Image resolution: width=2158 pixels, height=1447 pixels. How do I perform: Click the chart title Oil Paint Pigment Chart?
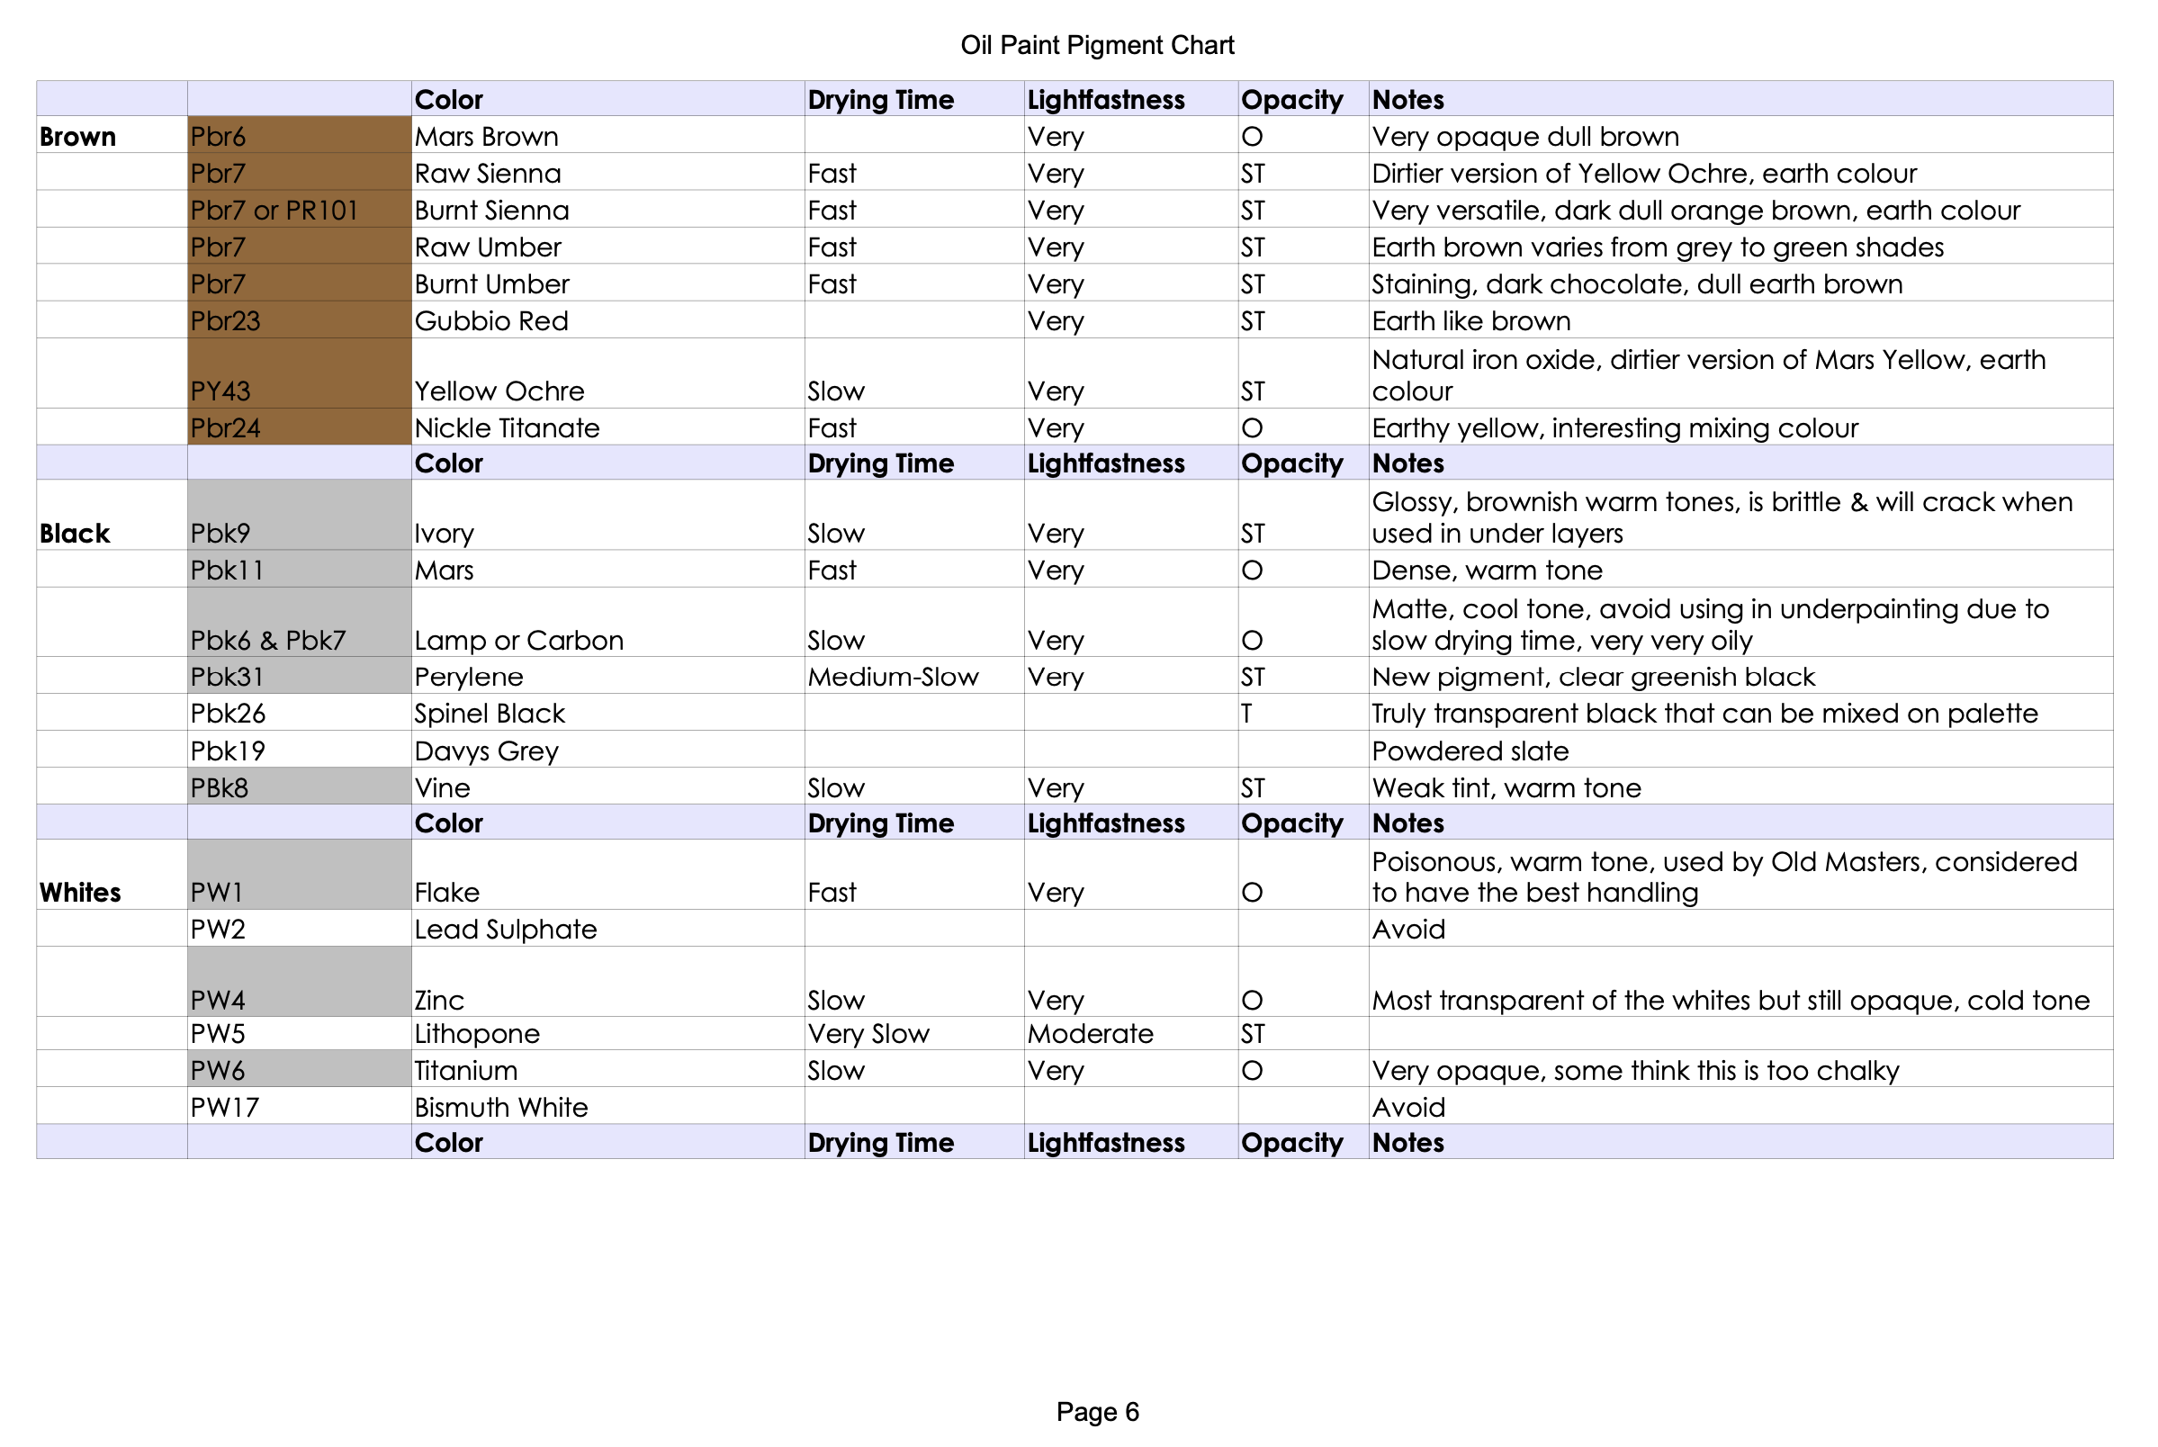(1097, 45)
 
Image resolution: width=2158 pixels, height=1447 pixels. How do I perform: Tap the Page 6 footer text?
(1097, 1411)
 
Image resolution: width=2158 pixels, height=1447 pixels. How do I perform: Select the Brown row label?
(77, 137)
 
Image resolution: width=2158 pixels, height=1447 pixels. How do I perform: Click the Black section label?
(75, 534)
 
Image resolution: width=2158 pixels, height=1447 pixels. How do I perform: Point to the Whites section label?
(80, 893)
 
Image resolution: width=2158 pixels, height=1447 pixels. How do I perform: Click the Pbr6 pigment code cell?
(218, 137)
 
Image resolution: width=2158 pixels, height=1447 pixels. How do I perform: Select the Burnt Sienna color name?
(490, 211)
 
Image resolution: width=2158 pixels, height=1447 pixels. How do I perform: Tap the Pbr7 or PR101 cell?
(274, 211)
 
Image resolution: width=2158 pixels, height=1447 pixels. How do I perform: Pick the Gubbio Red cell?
(490, 321)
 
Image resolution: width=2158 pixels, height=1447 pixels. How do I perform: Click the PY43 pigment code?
(220, 391)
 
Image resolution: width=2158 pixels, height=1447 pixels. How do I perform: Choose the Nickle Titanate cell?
(507, 428)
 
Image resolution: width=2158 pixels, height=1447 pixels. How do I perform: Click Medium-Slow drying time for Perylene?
(892, 678)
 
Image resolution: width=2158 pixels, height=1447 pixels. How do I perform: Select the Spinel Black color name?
(489, 714)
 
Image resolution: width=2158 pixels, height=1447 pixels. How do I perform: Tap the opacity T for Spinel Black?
(1246, 714)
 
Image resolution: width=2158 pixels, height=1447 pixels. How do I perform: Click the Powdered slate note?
(1470, 751)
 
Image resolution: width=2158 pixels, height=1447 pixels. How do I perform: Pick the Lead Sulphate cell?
(506, 930)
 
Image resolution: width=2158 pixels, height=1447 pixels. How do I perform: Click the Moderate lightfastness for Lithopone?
(1090, 1034)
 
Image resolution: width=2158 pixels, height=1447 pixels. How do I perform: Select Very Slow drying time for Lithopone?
(868, 1034)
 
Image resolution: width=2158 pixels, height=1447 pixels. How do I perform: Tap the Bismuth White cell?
(501, 1108)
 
